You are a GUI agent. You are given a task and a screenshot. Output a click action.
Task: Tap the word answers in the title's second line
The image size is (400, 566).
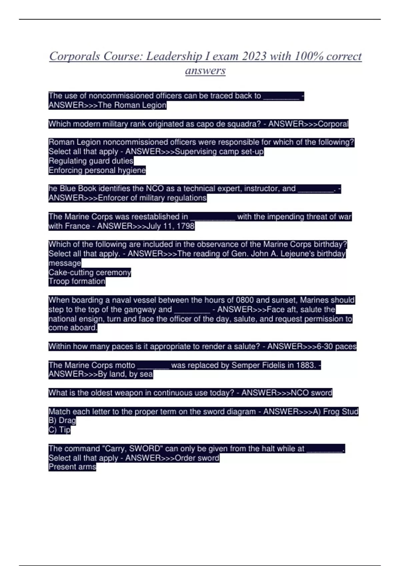coord(205,71)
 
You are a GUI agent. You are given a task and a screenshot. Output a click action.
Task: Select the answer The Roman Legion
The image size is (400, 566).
coord(132,105)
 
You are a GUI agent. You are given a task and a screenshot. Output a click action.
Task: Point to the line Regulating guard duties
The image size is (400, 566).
coord(91,161)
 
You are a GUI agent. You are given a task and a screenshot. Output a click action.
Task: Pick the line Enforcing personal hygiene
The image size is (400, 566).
coord(97,170)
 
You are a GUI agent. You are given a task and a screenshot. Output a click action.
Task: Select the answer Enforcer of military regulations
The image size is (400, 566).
coord(152,198)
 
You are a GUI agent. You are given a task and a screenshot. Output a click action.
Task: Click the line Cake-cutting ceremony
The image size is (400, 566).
coord(90,272)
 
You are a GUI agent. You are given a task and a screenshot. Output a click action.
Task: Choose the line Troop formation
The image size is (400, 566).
coord(77,281)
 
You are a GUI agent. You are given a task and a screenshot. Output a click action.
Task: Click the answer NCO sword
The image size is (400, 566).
coord(311,393)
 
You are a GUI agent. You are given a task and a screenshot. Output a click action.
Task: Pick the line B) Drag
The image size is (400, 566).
coord(62,421)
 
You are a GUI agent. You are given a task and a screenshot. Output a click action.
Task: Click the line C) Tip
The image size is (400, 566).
coord(59,430)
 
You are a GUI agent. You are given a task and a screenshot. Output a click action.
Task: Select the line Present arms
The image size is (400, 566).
coord(72,467)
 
